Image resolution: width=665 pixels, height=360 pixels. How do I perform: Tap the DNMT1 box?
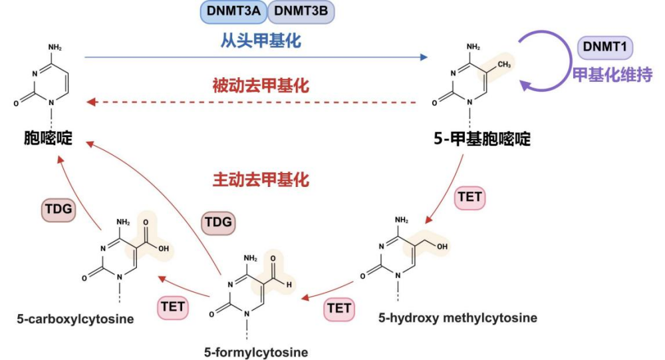(x=604, y=47)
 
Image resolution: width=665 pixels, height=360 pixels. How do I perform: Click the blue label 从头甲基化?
(x=261, y=41)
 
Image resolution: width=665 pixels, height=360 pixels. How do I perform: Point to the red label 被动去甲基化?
(x=261, y=85)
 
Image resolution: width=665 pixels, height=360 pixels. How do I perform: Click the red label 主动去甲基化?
(x=261, y=180)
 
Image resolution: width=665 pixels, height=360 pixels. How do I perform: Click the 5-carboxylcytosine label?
(x=75, y=319)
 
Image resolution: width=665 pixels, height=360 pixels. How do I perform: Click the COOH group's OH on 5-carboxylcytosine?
(x=163, y=248)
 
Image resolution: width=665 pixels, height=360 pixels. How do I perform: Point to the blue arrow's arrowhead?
(x=422, y=57)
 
